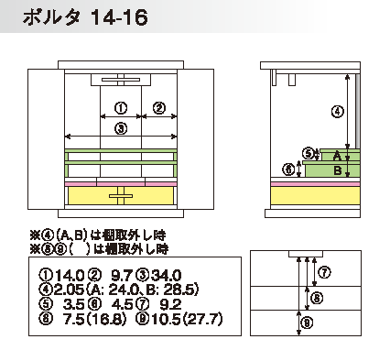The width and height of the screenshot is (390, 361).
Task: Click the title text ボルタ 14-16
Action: (85, 17)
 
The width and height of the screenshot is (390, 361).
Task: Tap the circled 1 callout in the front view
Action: (121, 108)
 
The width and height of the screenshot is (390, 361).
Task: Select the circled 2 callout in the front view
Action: (159, 108)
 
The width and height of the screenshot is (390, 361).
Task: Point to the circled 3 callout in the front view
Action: (121, 128)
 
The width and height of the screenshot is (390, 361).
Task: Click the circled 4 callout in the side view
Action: (337, 112)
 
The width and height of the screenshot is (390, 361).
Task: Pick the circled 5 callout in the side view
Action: (309, 153)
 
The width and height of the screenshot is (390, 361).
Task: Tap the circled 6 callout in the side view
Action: (288, 170)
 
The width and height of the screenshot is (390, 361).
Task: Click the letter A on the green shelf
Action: (337, 156)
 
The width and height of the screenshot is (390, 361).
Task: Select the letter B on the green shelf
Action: (338, 170)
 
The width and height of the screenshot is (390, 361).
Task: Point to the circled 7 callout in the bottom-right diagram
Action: (324, 272)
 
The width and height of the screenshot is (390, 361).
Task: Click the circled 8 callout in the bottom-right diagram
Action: (317, 298)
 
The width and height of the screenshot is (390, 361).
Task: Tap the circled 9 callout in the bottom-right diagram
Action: (307, 323)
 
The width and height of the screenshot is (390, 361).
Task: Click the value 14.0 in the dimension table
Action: (70, 276)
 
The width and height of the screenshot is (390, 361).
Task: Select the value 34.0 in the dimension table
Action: (167, 276)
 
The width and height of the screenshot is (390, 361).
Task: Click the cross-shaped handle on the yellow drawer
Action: (121, 196)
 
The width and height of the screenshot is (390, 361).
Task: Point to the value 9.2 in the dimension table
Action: (170, 304)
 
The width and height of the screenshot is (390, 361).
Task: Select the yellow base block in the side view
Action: (316, 195)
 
